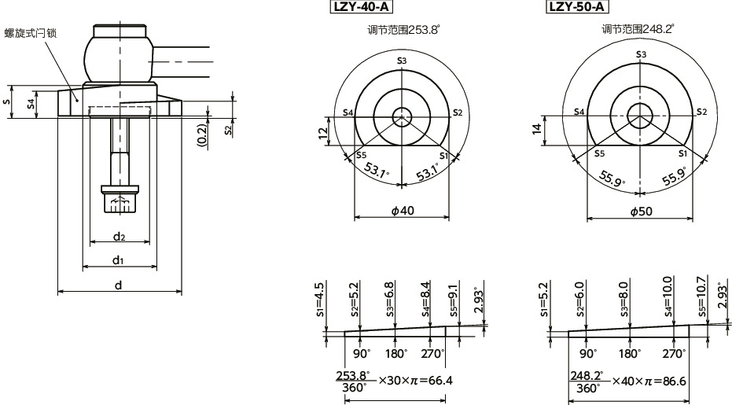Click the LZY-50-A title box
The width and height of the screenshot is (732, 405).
[x=578, y=8]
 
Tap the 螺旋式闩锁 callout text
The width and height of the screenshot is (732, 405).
[x=31, y=32]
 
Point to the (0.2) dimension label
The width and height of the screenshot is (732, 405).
[x=202, y=135]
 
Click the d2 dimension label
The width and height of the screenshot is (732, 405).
[x=119, y=236]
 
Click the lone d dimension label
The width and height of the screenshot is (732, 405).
[x=119, y=285]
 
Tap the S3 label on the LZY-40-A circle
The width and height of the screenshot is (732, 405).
[x=402, y=61]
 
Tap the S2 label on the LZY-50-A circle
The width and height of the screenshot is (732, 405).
[x=701, y=112]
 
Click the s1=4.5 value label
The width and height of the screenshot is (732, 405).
[x=319, y=299]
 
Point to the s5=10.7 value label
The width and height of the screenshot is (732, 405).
[x=701, y=293]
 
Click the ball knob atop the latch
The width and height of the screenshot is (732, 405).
[x=119, y=55]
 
